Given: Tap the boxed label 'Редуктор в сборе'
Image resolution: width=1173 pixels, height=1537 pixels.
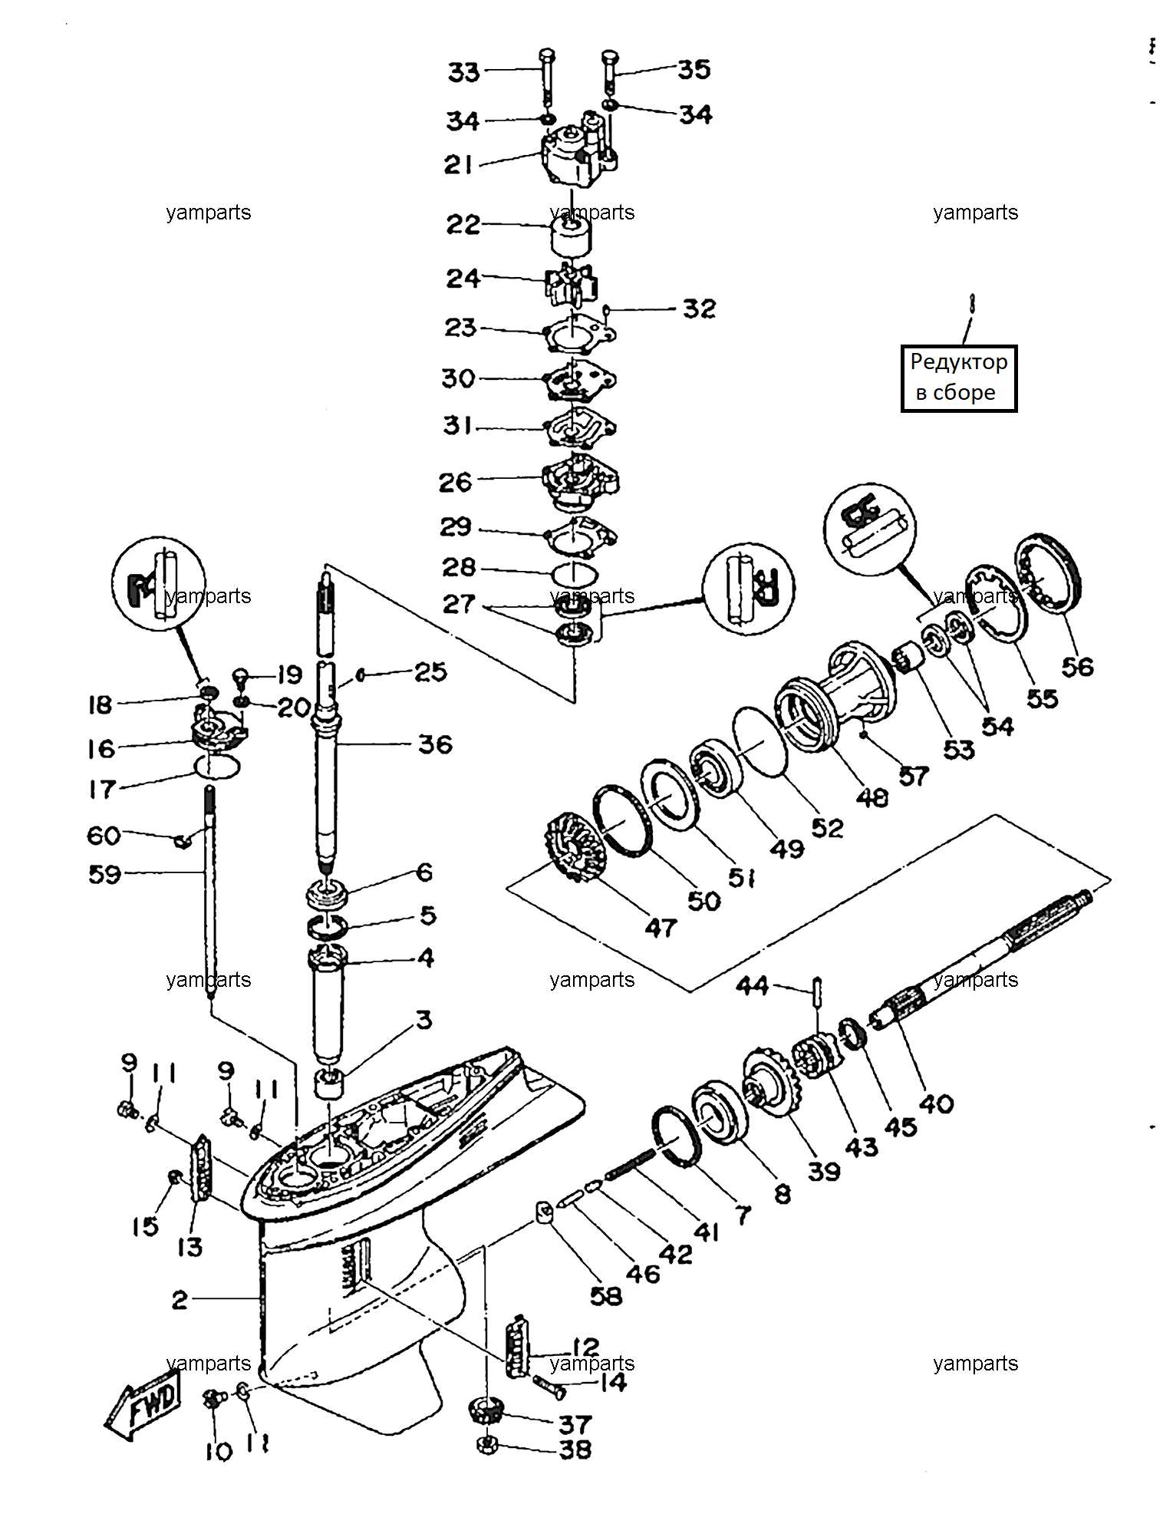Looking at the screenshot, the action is click(959, 378).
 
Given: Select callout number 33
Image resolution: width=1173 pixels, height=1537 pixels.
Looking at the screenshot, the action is click(464, 72).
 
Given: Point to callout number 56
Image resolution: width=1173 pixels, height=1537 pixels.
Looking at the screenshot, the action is click(1077, 667).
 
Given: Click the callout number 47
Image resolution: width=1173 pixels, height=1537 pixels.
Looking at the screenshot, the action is click(661, 928).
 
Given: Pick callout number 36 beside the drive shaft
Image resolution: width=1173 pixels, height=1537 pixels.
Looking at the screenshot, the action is click(435, 744).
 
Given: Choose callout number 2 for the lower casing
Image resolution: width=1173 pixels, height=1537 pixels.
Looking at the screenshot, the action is click(180, 1299).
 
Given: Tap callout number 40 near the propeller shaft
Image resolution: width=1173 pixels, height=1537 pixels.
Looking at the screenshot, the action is click(936, 1104).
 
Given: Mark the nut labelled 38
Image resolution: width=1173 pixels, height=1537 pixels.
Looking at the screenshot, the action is click(487, 1445).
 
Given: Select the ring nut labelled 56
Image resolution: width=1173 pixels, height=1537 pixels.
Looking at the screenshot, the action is click(1048, 573).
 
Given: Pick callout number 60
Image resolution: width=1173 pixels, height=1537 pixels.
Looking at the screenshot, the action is click(104, 835).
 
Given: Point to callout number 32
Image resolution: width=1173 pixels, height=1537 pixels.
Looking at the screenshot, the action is click(699, 308).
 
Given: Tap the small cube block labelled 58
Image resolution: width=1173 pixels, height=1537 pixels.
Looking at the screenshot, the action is click(545, 1214).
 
